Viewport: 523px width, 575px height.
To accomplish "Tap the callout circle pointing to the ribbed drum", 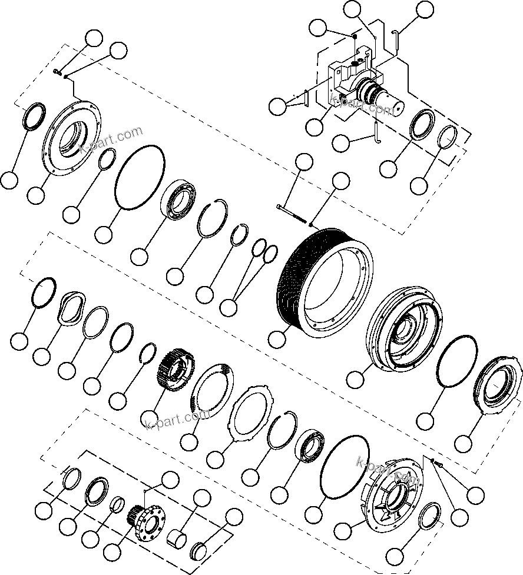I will (277, 339).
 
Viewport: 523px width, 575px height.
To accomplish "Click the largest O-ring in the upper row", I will (140, 177).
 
